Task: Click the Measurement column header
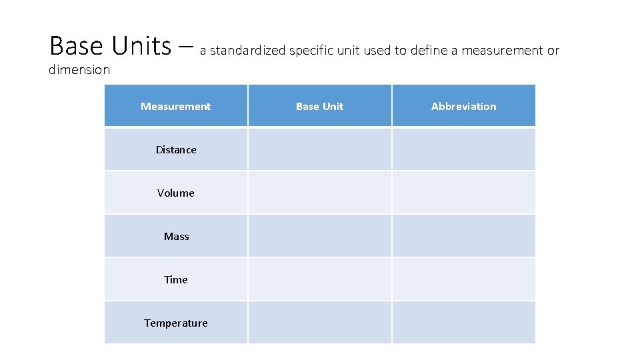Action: pyautogui.click(x=176, y=106)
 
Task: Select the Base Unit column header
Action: pyautogui.click(x=320, y=106)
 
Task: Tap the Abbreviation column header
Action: pyautogui.click(x=464, y=106)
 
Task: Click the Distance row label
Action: pyautogui.click(x=176, y=149)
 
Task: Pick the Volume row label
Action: pyautogui.click(x=176, y=193)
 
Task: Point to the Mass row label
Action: pyautogui.click(x=176, y=236)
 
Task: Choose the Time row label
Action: pyautogui.click(x=176, y=279)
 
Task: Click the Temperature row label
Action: pyautogui.click(x=176, y=323)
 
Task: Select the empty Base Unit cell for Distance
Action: pyautogui.click(x=320, y=149)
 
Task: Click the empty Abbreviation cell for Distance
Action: pyautogui.click(x=464, y=149)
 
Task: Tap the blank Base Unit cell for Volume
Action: pyautogui.click(x=320, y=193)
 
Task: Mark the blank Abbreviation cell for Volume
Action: pyautogui.click(x=464, y=193)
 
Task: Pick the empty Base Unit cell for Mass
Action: pyautogui.click(x=320, y=236)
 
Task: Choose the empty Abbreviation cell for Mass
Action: pyautogui.click(x=464, y=236)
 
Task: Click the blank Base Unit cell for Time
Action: pyautogui.click(x=320, y=279)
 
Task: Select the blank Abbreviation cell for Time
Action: pyautogui.click(x=464, y=279)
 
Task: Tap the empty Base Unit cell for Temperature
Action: pyautogui.click(x=320, y=323)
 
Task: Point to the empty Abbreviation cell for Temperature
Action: pyautogui.click(x=464, y=323)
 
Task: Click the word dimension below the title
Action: pyautogui.click(x=79, y=69)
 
